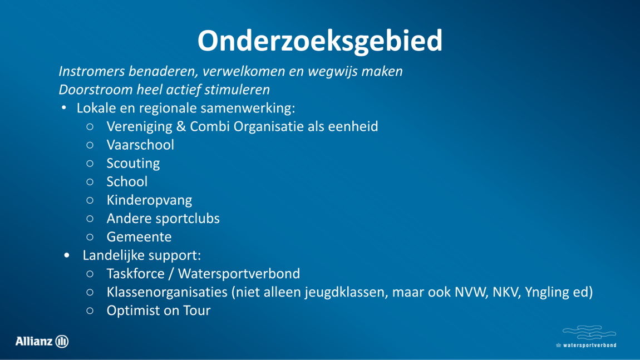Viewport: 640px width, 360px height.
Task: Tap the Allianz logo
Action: point(42,341)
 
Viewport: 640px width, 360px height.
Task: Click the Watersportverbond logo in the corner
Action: point(587,337)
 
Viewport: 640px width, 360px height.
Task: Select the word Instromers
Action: point(92,71)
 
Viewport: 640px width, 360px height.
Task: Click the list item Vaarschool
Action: point(140,145)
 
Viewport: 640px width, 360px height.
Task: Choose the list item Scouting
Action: point(133,163)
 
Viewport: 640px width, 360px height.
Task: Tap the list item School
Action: point(127,181)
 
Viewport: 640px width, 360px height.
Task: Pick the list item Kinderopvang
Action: point(149,200)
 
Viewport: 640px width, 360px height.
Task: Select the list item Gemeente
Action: point(139,236)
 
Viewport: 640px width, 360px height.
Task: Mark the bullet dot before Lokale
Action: point(63,108)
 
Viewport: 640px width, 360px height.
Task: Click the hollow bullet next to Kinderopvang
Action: point(90,200)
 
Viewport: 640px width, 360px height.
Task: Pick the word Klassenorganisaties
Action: point(167,292)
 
